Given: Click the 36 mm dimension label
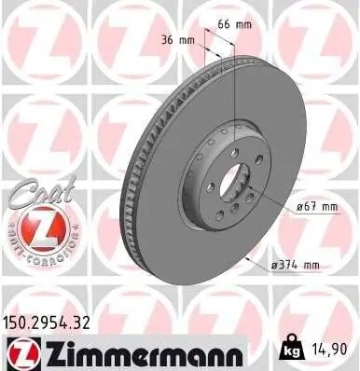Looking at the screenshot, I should pos(177,41).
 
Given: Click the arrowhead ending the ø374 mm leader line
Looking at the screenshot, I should pos(243,255).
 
